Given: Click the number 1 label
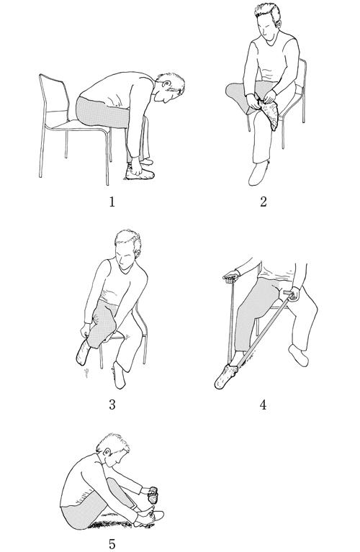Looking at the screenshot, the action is coord(112,202).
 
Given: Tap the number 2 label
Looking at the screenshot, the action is coord(263,202).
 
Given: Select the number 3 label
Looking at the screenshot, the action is coord(112,405).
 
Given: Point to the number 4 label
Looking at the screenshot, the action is coord(263,405).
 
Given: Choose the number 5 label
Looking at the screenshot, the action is coord(112,544).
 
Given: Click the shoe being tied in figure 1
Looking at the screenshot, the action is coord(140,173).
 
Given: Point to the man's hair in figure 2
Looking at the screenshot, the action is coord(269,12).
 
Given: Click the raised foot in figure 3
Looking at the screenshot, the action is coord(84,352).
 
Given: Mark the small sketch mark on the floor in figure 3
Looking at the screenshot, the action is coord(86,373).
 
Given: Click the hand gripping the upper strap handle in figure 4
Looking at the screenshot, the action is coord(230,276).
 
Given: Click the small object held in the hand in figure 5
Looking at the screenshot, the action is coord(153,495).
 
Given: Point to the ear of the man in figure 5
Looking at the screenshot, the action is coord(107,453).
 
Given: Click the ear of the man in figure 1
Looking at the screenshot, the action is coord(166,84).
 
